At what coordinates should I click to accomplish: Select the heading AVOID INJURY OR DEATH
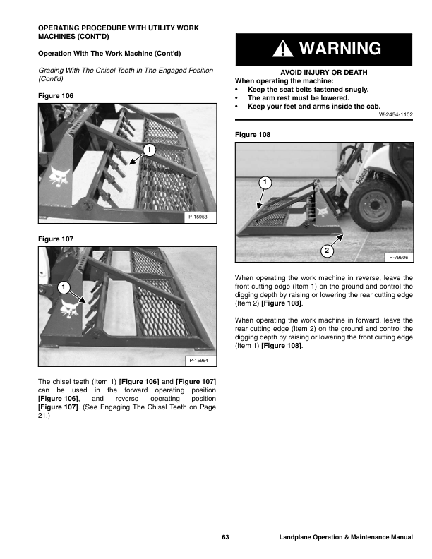pyautogui.click(x=324, y=73)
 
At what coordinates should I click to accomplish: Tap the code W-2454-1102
pyautogui.click(x=395, y=114)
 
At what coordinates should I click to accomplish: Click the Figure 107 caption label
pyautogui.click(x=54, y=239)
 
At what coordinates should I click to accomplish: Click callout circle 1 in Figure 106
pyautogui.click(x=148, y=149)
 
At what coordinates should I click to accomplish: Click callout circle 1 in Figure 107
pyautogui.click(x=62, y=287)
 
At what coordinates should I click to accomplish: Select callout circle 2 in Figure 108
pyautogui.click(x=327, y=251)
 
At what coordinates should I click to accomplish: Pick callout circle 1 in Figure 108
pyautogui.click(x=263, y=183)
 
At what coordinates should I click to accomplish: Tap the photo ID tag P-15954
pyautogui.click(x=200, y=361)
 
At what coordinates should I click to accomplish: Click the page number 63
pyautogui.click(x=225, y=538)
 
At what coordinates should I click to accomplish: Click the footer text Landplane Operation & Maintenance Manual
pyautogui.click(x=345, y=538)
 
